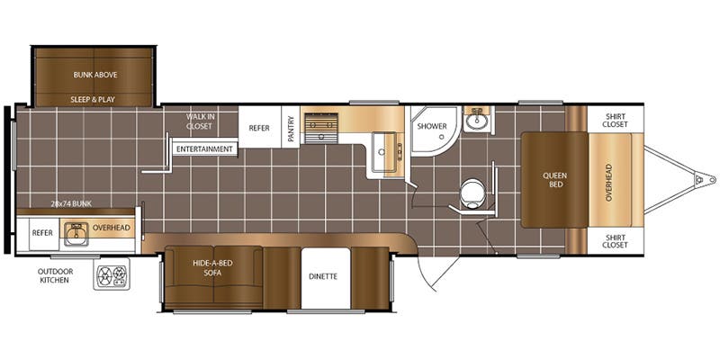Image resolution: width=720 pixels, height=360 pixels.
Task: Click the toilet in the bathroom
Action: (472, 194)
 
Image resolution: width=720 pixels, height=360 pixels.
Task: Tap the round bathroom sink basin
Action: (478, 121)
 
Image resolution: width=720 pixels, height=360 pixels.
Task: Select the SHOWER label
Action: (432, 126)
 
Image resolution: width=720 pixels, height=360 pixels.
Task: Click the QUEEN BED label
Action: (555, 179)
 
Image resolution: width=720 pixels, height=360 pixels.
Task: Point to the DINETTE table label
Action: (323, 276)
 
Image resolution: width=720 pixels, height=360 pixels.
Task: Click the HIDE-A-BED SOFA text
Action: (212, 267)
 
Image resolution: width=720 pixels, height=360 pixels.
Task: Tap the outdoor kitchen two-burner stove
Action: (112, 274)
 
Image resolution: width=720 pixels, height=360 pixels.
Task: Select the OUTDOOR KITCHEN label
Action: (55, 275)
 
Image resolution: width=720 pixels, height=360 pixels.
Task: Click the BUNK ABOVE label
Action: (95, 75)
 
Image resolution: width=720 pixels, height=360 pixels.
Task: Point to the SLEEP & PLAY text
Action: (93, 99)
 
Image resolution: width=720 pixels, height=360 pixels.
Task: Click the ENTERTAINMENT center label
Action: (204, 149)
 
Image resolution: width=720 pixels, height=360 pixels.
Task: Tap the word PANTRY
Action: (290, 127)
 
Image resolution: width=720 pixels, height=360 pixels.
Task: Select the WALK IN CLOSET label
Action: (200, 121)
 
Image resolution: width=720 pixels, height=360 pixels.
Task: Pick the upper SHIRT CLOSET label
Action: (615, 121)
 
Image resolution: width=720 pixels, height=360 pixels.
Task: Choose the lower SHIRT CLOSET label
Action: (615, 241)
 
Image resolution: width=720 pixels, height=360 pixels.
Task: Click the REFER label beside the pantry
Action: (259, 128)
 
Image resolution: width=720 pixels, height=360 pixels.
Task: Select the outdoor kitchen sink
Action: (76, 234)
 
